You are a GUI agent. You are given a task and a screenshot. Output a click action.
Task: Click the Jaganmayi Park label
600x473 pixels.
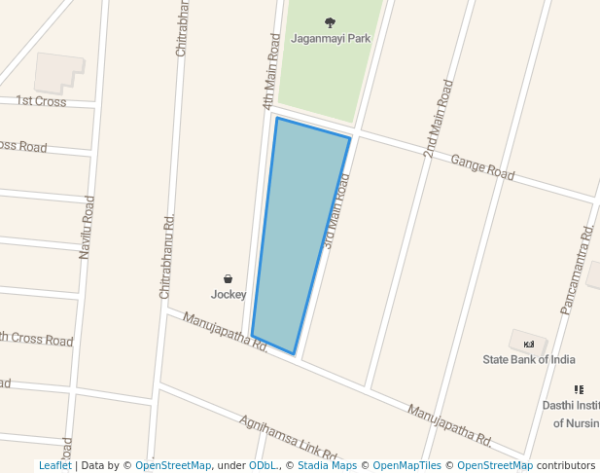coord(331,39)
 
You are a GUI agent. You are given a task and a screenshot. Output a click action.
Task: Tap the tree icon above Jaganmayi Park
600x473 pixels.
coord(331,22)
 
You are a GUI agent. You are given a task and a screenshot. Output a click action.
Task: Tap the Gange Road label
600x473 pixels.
coord(482,167)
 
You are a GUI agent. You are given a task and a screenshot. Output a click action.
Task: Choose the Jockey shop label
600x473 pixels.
coord(229,294)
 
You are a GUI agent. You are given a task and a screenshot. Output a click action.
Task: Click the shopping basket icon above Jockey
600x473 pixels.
coord(229,279)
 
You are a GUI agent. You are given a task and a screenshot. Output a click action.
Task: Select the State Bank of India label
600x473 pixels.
coord(529,359)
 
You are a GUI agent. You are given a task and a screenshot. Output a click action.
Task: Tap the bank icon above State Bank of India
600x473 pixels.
coord(529,345)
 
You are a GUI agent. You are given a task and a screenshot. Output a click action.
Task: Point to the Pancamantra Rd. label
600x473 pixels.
coord(577,270)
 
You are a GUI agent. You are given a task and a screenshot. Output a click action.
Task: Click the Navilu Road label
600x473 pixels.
coord(88,227)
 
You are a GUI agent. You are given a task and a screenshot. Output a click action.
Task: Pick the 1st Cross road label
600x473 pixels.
coord(41,101)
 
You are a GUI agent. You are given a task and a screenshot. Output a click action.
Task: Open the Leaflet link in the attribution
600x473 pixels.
coord(54,466)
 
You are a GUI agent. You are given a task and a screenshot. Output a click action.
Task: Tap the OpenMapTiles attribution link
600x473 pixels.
coord(406,466)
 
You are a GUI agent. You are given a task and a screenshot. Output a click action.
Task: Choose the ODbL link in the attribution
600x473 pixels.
coord(263,466)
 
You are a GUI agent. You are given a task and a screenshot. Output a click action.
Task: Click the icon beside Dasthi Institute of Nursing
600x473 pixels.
coord(579,389)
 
